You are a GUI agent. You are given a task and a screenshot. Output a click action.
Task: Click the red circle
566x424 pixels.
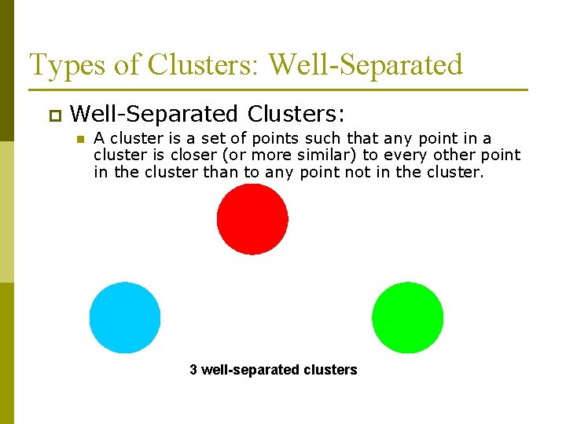pos(252,219)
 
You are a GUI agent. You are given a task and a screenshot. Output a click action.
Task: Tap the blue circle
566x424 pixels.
pos(125,317)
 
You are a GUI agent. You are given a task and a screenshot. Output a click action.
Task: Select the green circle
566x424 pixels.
pos(407,317)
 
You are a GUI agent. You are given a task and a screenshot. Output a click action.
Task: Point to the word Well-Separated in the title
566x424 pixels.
pos(366,65)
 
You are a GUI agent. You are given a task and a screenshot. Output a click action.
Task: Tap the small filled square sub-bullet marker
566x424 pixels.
pos(79,140)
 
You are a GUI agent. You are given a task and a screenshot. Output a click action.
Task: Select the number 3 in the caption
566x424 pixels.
pos(193,370)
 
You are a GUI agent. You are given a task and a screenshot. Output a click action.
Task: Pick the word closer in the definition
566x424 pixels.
pos(193,155)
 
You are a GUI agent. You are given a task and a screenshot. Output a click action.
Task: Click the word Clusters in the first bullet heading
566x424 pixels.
pos(296,115)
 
